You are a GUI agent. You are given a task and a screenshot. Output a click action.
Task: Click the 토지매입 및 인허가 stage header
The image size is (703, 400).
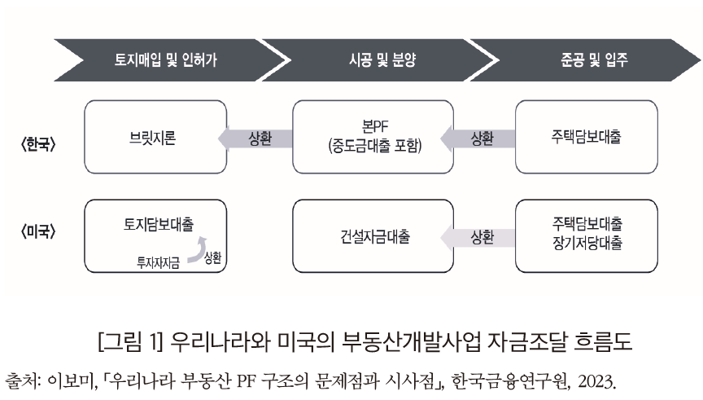point(166,59)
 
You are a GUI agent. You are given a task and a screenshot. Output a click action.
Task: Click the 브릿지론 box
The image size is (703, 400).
point(146,138)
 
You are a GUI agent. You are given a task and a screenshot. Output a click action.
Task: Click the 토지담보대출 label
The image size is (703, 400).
point(146,222)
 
